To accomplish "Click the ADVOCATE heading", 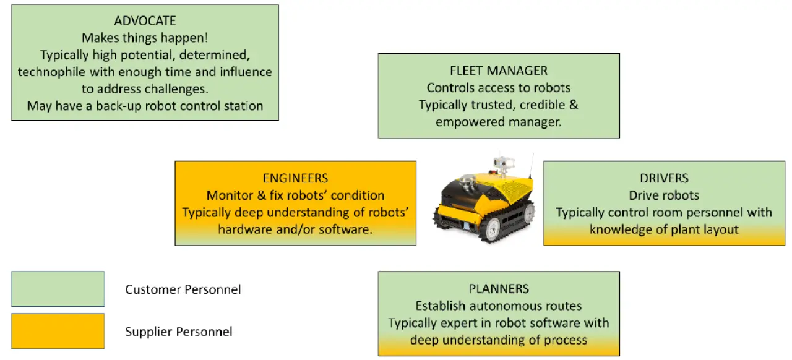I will point(145,21).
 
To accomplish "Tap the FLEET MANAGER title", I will point(499,71).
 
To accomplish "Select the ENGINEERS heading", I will point(295,178).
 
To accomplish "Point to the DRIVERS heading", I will point(664,178).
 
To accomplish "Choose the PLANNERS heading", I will point(499,288).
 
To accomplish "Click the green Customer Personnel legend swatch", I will point(58,289).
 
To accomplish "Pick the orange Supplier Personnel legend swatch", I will point(58,332).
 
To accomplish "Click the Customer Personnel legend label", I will point(183,289).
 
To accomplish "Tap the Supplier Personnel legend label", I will point(179,332).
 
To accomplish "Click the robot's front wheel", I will point(491,229).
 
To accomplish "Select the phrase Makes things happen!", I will point(145,38).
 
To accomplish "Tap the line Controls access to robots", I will point(499,88).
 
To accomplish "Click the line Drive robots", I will point(664,195).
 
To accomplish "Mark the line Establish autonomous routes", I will point(499,306).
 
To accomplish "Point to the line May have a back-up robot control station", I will point(145,106).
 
